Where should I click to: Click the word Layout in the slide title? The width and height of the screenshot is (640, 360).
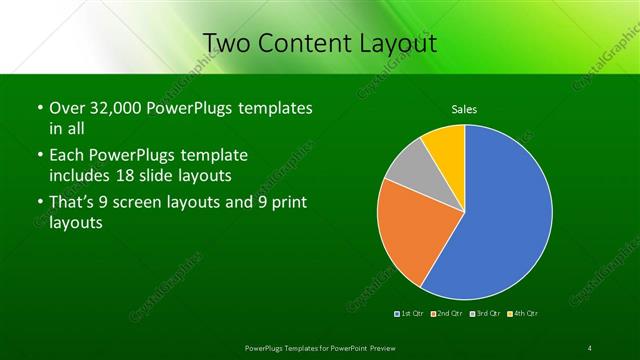pyautogui.click(x=392, y=43)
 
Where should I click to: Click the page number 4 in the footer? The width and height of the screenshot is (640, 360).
pyautogui.click(x=590, y=347)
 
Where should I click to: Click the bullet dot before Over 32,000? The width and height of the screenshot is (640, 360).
pyautogui.click(x=39, y=108)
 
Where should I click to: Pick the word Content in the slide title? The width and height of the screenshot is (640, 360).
pyautogui.click(x=303, y=43)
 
